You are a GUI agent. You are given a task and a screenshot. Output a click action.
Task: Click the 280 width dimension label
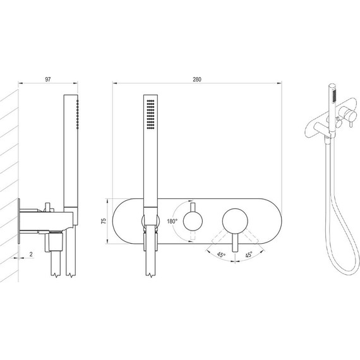[x=197, y=80]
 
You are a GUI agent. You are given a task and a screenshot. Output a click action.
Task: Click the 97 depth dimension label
[x=48, y=80]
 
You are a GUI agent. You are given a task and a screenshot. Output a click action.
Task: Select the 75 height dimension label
[x=104, y=221]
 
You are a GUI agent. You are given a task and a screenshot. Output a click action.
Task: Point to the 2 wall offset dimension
[x=31, y=254]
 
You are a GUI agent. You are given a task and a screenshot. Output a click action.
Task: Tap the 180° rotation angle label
[x=172, y=221]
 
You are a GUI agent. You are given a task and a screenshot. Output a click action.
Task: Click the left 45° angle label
[x=221, y=255]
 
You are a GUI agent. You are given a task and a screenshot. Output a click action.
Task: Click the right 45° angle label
[x=249, y=255]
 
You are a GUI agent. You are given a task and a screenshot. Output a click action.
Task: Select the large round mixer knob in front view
[x=235, y=221]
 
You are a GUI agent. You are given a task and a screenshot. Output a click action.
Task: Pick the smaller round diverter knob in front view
[x=193, y=221]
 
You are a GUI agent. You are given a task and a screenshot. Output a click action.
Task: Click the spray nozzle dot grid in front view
[x=150, y=114]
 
